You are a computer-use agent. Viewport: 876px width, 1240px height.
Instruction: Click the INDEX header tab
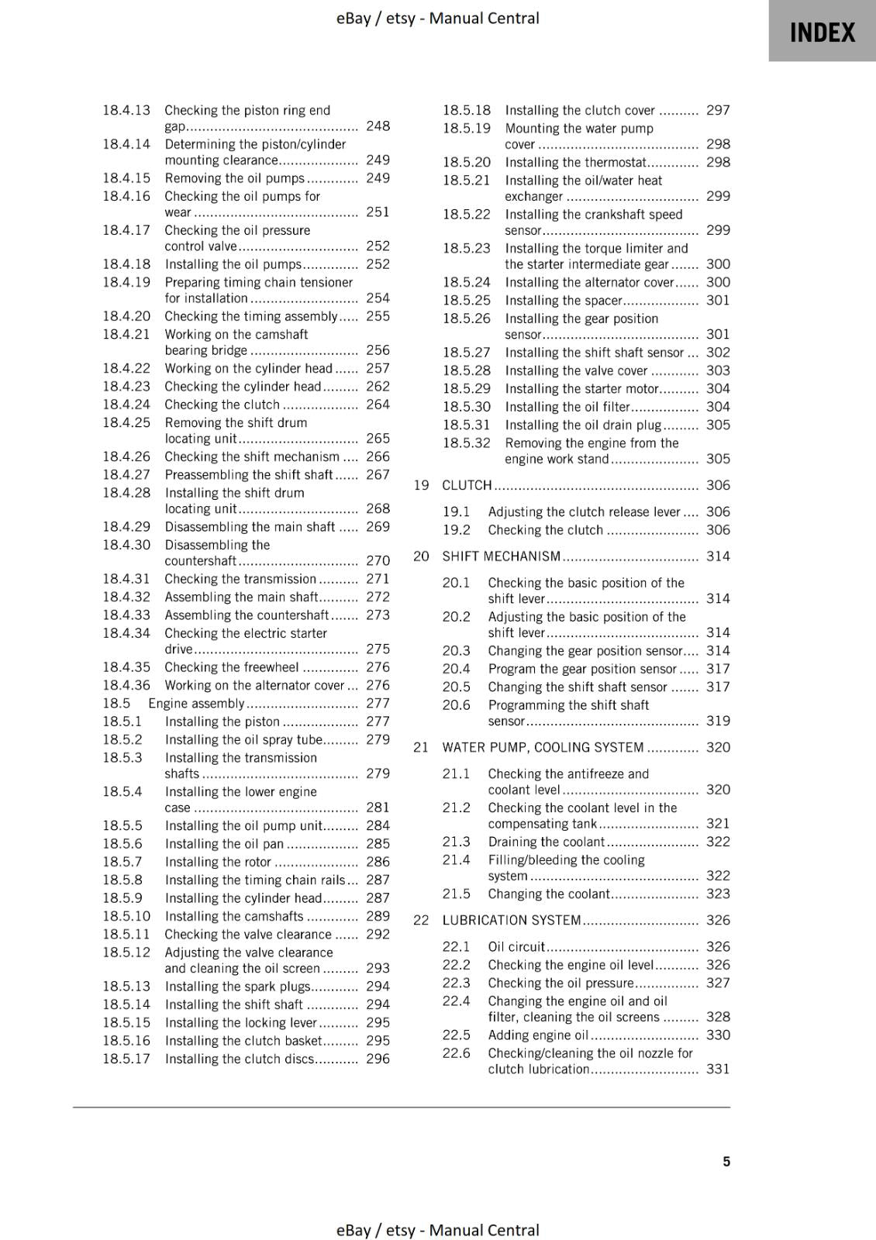[822, 32]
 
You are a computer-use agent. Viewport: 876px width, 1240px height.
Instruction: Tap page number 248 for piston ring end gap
[378, 126]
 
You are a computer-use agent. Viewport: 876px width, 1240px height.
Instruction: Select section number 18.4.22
[126, 369]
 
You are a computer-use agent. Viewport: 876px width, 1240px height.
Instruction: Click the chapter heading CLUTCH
[467, 485]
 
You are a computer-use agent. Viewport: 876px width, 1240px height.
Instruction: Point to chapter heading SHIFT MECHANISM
[501, 556]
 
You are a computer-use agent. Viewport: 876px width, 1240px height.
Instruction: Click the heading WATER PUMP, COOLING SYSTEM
[543, 748]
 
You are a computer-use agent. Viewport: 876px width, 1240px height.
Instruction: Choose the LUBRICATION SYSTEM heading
[512, 921]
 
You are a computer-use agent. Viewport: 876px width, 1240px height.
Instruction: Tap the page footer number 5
[726, 1162]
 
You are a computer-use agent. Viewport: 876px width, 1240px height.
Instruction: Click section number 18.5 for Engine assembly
[116, 704]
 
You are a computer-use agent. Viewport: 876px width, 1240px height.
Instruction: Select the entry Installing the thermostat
[575, 163]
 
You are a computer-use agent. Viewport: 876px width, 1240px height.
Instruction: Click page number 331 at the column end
[718, 1069]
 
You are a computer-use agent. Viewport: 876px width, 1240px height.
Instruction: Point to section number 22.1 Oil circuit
[456, 947]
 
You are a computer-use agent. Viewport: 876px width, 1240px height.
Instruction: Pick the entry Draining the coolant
[546, 842]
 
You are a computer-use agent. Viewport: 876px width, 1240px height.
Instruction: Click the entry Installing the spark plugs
[237, 987]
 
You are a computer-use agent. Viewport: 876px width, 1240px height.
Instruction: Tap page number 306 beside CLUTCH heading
[718, 485]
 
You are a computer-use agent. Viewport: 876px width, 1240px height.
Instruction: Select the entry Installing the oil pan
[224, 844]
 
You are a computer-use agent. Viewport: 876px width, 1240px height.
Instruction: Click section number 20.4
[456, 669]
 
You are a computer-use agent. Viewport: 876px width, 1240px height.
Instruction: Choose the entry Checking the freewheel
[231, 667]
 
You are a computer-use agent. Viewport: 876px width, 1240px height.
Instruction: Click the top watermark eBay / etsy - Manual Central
[437, 18]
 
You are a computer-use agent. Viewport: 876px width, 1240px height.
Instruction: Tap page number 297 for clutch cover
[718, 111]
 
